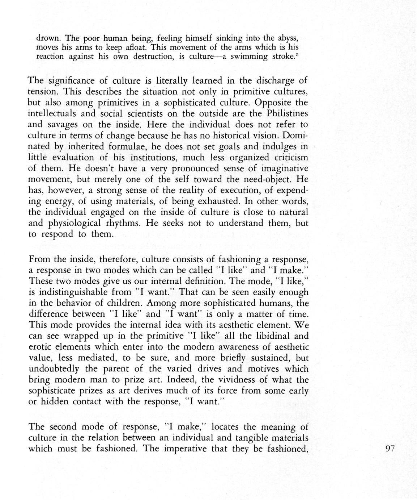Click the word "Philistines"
(286, 113)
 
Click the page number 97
(391, 449)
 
